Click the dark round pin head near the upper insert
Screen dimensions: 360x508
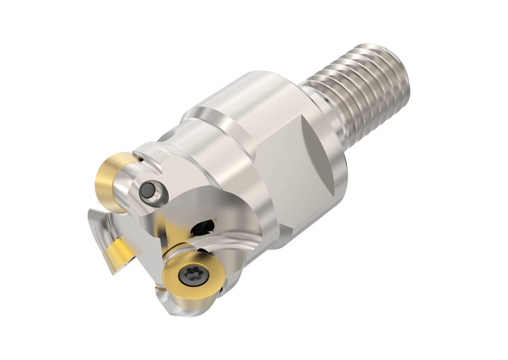(x=148, y=190)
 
